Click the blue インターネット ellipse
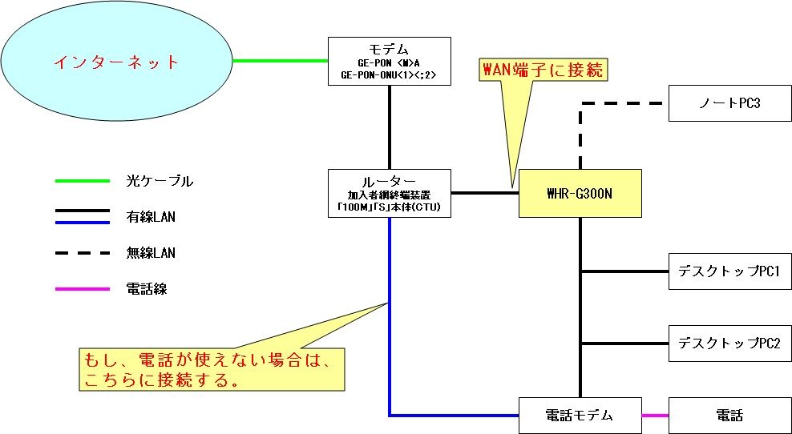coord(116,61)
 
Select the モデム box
coord(390,60)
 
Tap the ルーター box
coord(390,193)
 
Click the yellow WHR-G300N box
coord(580,193)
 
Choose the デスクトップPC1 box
coord(729,271)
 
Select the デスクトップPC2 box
coord(729,344)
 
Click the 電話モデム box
coord(580,415)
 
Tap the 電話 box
coord(729,415)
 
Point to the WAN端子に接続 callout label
coord(543,70)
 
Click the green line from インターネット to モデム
coord(281,60)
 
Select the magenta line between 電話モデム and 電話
coord(655,415)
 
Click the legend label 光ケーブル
coord(160,181)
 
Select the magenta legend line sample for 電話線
coord(82,288)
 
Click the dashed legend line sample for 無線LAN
coord(82,253)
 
